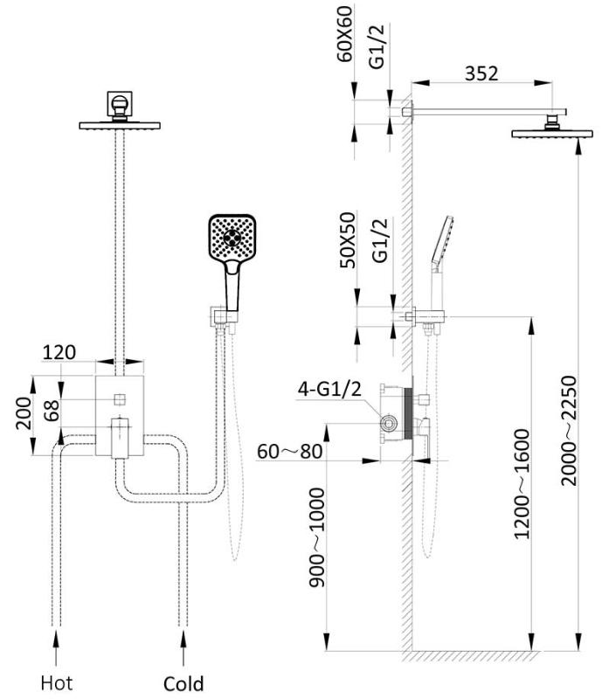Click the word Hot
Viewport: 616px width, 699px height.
(57, 682)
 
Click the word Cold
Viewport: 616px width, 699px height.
(183, 682)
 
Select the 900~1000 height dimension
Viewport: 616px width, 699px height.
(317, 538)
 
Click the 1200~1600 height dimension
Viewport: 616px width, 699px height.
(522, 483)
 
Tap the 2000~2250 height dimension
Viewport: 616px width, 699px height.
(569, 430)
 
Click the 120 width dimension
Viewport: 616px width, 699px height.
(59, 352)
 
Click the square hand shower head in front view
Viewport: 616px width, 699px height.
(233, 239)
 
